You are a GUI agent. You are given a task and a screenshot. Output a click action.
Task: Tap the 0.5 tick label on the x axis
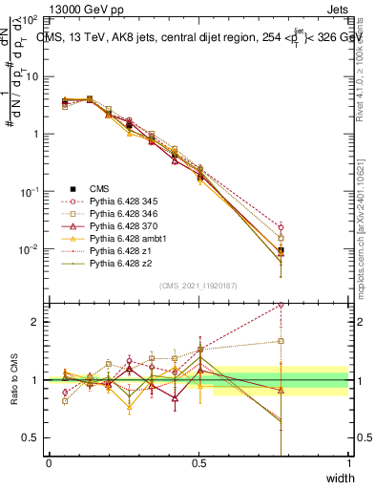198,463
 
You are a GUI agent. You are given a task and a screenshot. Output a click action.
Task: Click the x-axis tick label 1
348,463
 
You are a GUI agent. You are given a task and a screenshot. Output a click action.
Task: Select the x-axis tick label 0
49,463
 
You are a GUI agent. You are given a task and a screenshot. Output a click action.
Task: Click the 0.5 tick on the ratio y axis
33,437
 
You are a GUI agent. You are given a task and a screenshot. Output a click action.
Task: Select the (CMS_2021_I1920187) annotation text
198,286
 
